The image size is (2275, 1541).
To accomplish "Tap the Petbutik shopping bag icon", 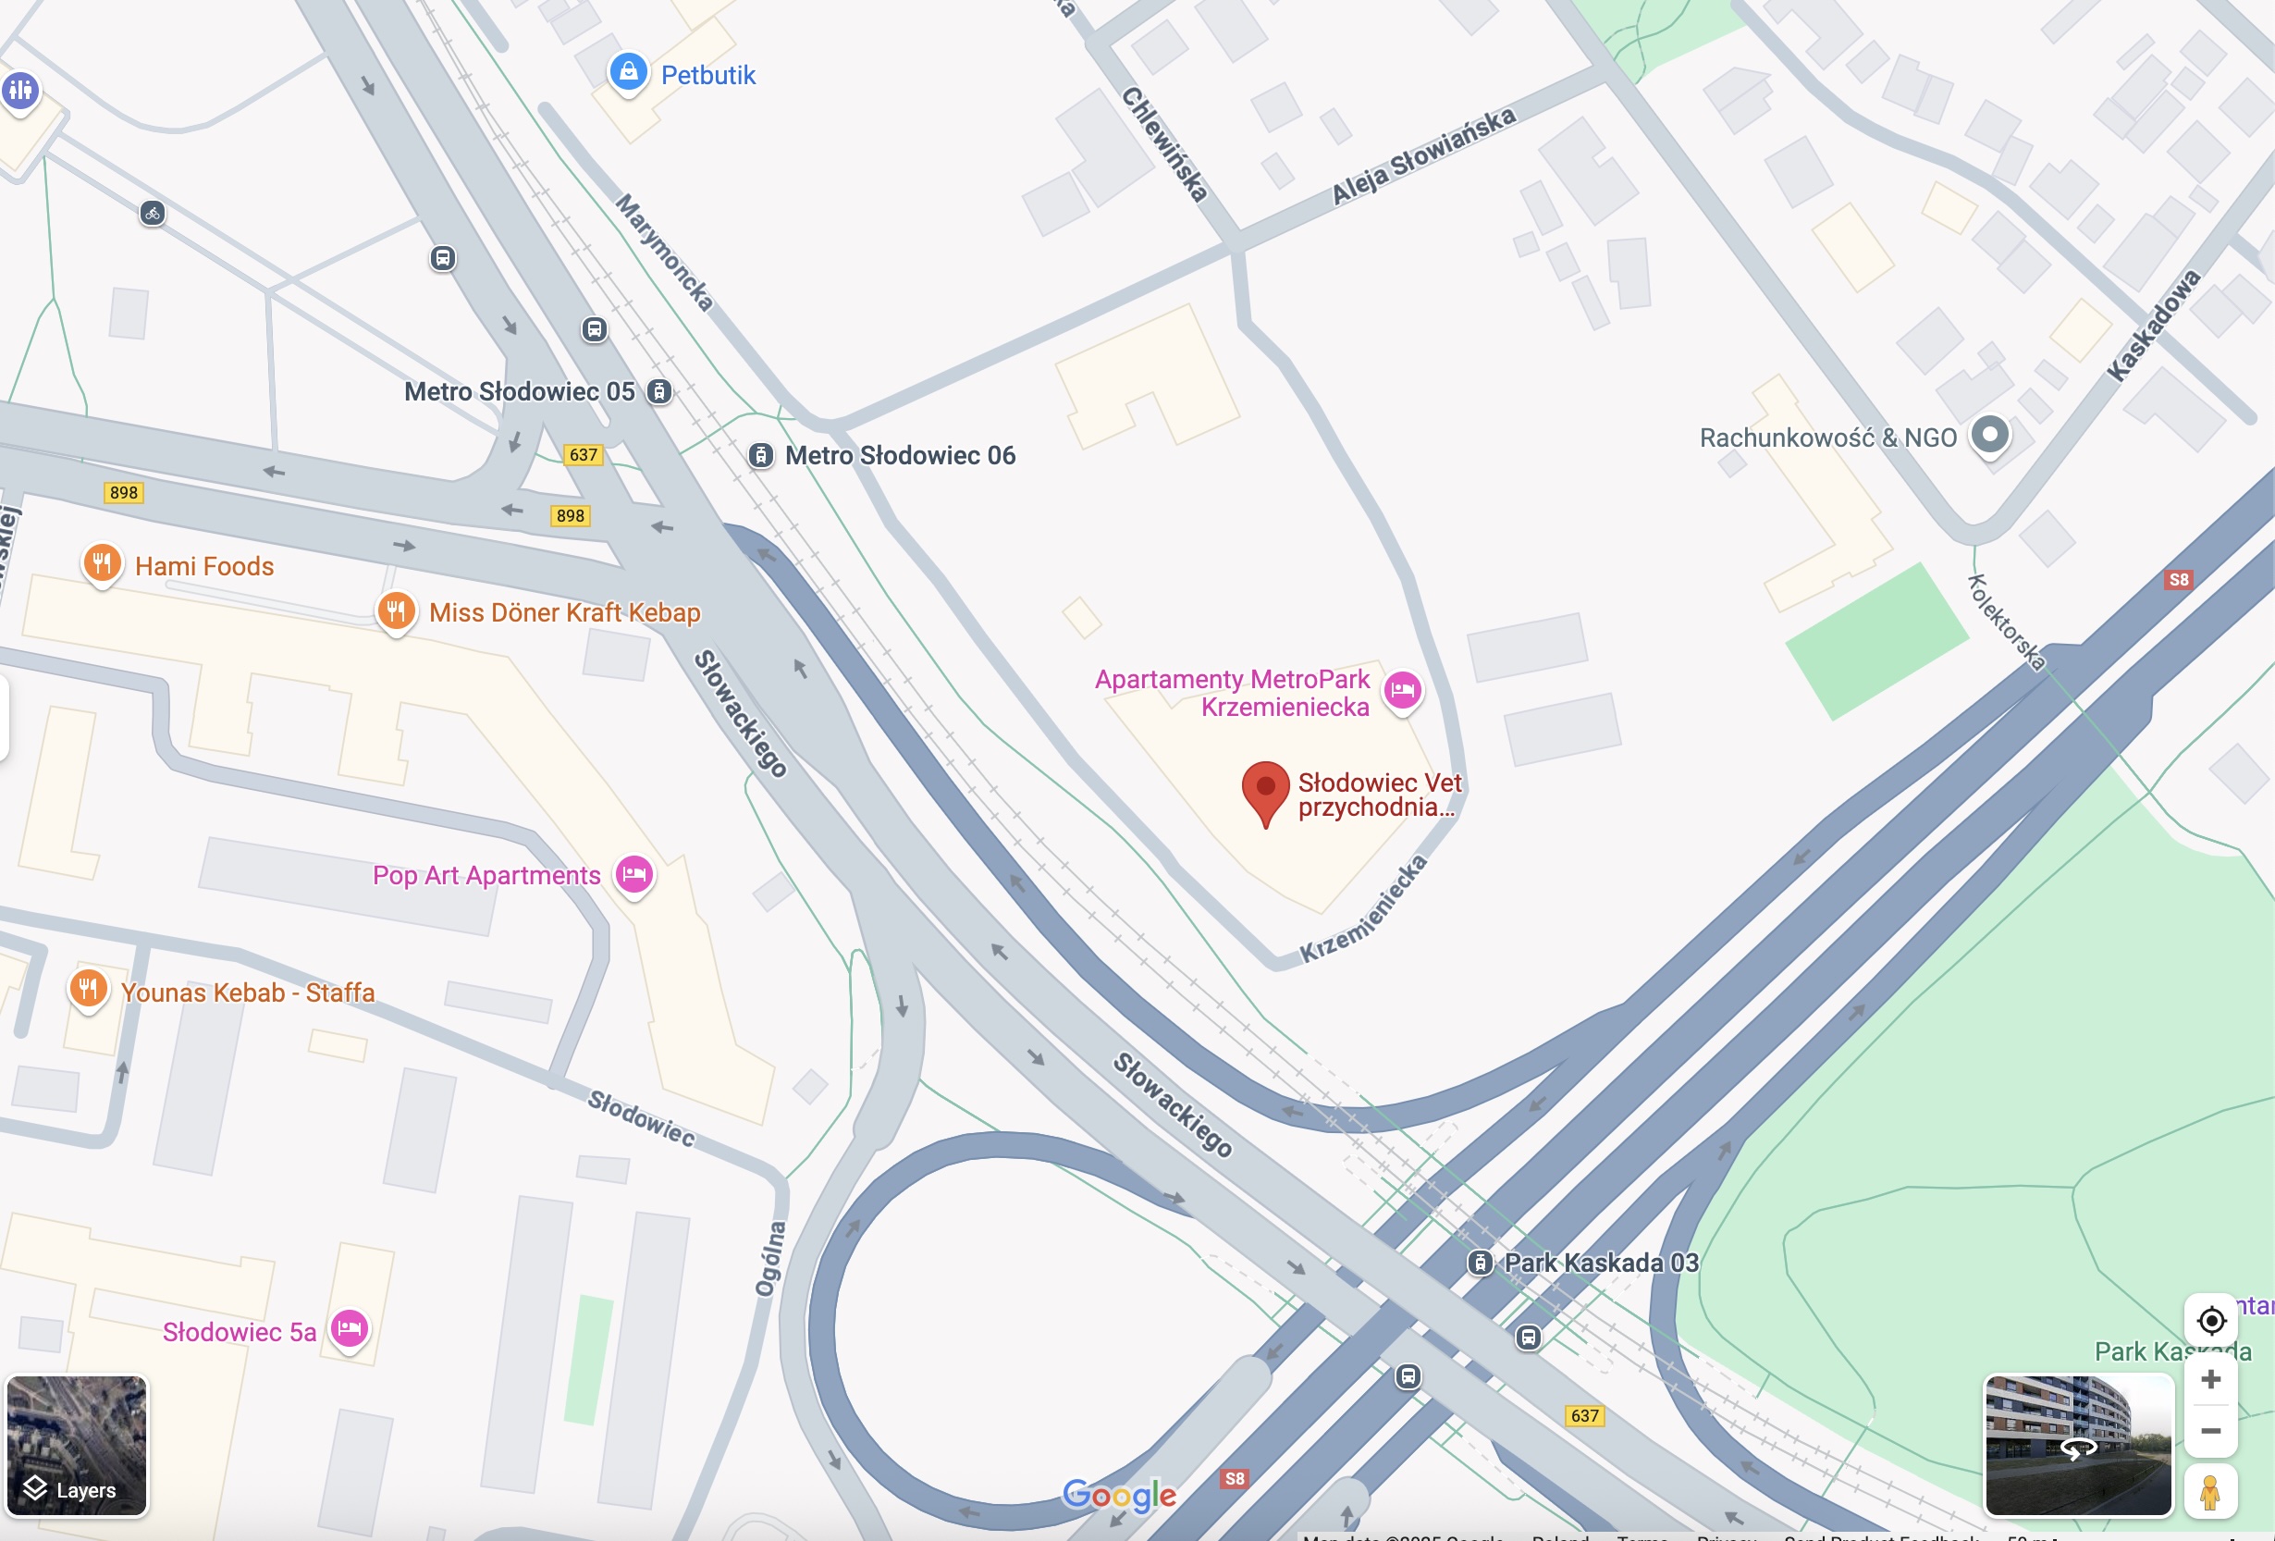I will pyautogui.click(x=629, y=71).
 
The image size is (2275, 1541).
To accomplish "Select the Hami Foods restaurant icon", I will pyautogui.click(x=102, y=563).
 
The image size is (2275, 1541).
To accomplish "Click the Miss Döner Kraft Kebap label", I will pyautogui.click(x=564, y=613).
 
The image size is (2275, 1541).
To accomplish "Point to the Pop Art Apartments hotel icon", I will pyautogui.click(x=634, y=873).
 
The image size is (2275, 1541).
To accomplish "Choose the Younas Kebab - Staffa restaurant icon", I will pyautogui.click(x=88, y=988).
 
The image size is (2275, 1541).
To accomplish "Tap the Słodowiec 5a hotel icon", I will pyautogui.click(x=350, y=1328).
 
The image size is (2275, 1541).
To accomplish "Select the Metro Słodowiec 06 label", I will pyautogui.click(x=900, y=455).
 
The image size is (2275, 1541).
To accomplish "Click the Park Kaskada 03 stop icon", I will pyautogui.click(x=1480, y=1263).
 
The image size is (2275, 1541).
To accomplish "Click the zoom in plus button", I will pyautogui.click(x=2210, y=1379).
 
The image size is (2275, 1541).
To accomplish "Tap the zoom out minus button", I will pyautogui.click(x=2210, y=1431).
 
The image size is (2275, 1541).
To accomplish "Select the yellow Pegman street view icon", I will pyautogui.click(x=2209, y=1492).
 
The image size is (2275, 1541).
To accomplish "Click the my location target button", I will pyautogui.click(x=2210, y=1321).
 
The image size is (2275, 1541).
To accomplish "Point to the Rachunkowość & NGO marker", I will pyautogui.click(x=1989, y=434).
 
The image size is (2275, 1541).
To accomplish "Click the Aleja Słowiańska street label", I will pyautogui.click(x=1423, y=155).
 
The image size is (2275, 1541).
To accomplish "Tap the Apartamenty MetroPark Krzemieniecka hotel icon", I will pyautogui.click(x=1403, y=690).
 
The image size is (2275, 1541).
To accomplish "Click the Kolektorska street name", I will pyautogui.click(x=2006, y=623).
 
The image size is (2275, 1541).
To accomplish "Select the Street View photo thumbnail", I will pyautogui.click(x=2078, y=1444).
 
